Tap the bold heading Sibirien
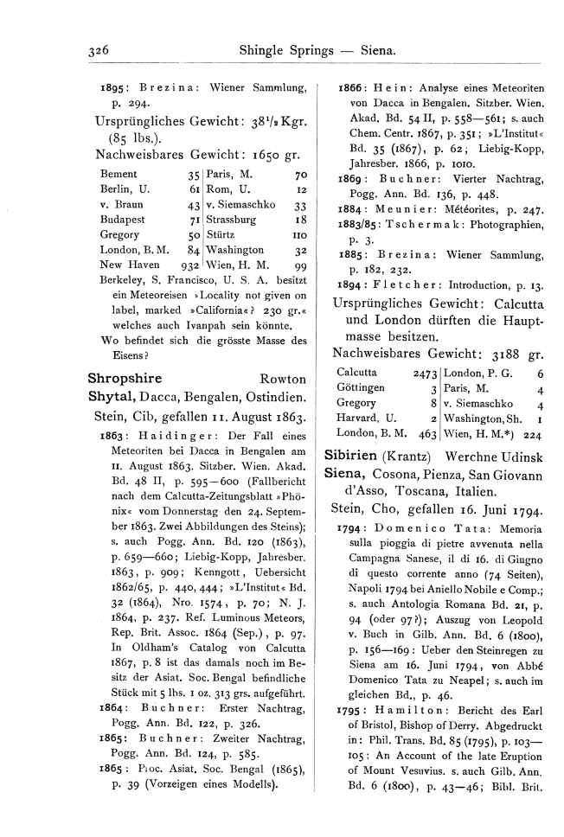point(350,455)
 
